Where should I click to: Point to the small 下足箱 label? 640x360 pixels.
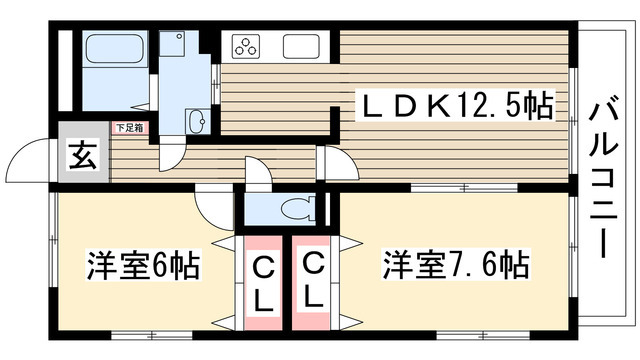coord(128,128)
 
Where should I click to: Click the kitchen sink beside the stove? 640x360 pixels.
coord(302,46)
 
